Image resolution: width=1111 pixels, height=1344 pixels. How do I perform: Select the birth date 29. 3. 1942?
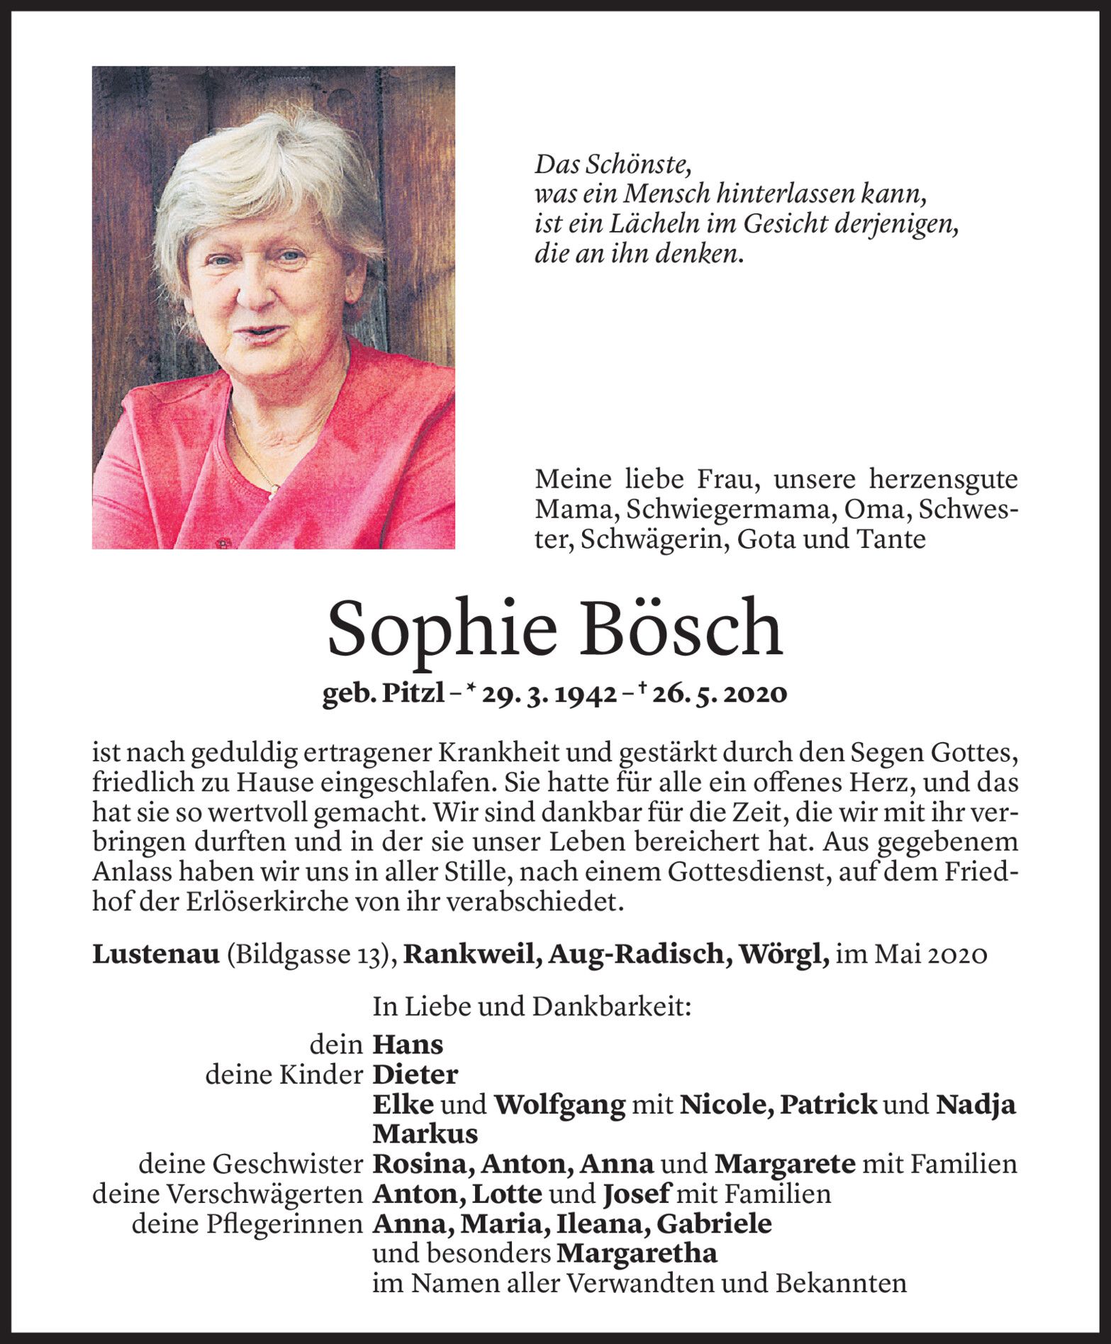[x=547, y=695]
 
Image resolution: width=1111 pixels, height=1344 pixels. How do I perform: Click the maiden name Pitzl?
[x=409, y=695]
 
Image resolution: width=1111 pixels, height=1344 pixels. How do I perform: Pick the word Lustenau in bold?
[x=156, y=955]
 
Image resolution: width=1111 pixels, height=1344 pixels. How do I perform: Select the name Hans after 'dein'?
[x=408, y=1044]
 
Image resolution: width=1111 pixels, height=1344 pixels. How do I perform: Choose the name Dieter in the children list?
[x=415, y=1075]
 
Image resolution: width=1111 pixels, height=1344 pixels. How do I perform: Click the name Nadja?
[x=976, y=1104]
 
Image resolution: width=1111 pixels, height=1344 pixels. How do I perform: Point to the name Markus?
[x=425, y=1134]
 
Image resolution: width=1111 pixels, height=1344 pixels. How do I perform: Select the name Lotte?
[x=506, y=1194]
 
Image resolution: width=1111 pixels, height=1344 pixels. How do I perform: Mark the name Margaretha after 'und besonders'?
[x=637, y=1254]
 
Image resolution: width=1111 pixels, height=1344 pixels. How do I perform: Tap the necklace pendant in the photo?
[x=274, y=487]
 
